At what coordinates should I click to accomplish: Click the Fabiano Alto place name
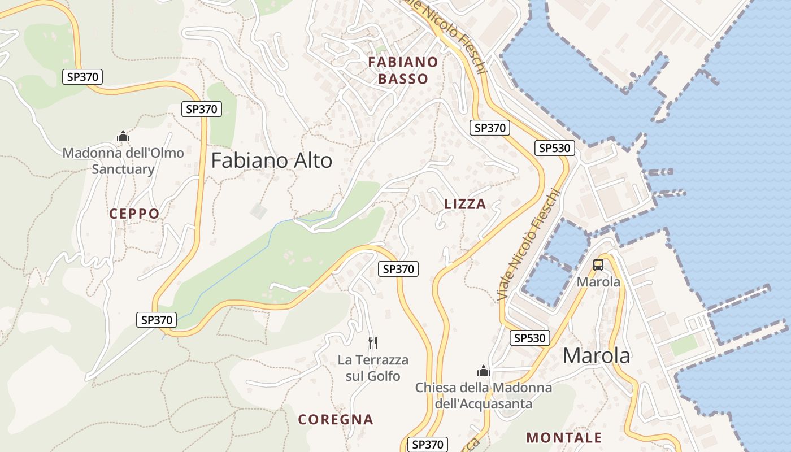[x=272, y=161]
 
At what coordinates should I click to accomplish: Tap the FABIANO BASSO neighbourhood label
[x=403, y=70]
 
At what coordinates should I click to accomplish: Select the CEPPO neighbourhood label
[x=134, y=214]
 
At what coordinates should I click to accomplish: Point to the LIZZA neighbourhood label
[x=465, y=205]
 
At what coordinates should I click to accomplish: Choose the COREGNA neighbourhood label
[x=336, y=420]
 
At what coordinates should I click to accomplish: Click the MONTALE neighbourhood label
[x=564, y=438]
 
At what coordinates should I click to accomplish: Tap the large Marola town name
[x=596, y=356]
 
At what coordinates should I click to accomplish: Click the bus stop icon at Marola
[x=598, y=265]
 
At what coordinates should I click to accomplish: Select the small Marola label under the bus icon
[x=598, y=281]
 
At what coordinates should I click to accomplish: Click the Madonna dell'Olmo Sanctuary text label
[x=123, y=161]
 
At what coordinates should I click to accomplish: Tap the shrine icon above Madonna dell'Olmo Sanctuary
[x=123, y=137]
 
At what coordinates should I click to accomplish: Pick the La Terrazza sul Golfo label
[x=373, y=368]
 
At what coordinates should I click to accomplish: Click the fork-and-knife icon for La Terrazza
[x=373, y=342]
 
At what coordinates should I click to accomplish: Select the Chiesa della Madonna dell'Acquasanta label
[x=483, y=395]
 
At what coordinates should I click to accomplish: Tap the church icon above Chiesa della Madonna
[x=483, y=371]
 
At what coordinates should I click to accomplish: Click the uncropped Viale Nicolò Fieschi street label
[x=528, y=245]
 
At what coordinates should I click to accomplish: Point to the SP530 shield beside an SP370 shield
[x=555, y=149]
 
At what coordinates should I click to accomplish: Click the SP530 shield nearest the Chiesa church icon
[x=530, y=338]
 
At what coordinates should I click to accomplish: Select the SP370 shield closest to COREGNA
[x=427, y=445]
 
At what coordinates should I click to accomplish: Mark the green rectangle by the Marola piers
[x=684, y=345]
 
